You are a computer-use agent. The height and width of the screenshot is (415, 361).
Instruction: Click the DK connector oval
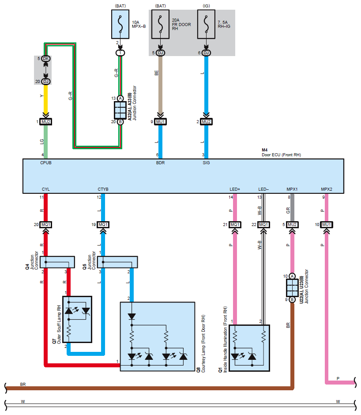coord(46,59)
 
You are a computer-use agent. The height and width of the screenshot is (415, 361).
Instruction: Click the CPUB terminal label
coord(46,163)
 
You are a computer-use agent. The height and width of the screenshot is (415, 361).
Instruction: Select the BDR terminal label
coord(160,163)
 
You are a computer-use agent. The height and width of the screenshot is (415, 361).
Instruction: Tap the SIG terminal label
coord(206,163)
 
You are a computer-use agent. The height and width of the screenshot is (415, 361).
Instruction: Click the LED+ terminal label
coord(235,189)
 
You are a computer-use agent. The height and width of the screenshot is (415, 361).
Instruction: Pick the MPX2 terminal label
coord(327,189)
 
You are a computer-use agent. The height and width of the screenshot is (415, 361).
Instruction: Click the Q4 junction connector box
coord(58,262)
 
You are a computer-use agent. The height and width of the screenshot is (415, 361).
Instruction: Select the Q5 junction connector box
coord(117,262)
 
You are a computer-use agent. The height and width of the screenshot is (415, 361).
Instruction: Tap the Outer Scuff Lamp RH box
coord(77,319)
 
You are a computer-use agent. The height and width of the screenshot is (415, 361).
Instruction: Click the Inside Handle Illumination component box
coord(249,348)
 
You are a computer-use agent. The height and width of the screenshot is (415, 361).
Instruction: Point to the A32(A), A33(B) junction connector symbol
coord(120,110)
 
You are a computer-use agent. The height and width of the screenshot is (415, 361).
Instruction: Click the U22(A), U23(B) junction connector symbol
coord(292,287)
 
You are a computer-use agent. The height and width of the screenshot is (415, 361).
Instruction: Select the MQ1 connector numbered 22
coord(263,225)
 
